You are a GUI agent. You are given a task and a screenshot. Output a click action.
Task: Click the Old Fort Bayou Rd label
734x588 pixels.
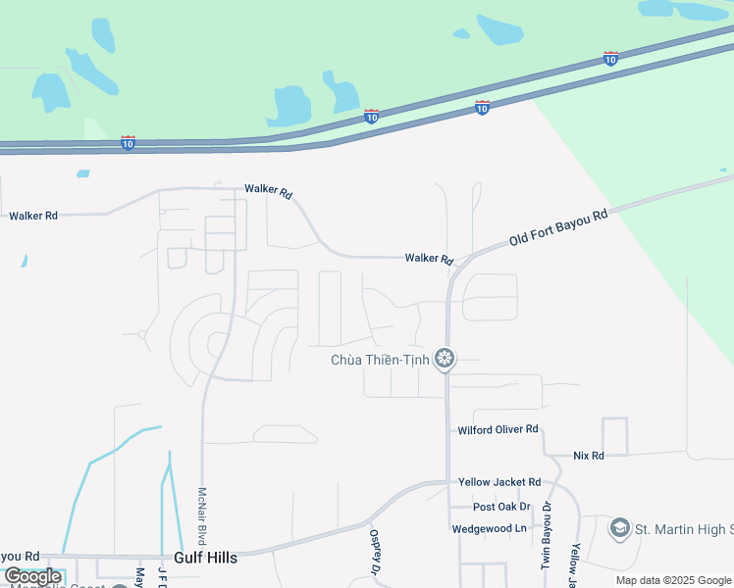pyautogui.click(x=559, y=227)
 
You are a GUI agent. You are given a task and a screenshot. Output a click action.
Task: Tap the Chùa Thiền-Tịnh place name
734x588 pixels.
pyautogui.click(x=381, y=361)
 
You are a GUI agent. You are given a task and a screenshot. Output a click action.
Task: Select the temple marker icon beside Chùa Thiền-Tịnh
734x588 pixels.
pyautogui.click(x=445, y=360)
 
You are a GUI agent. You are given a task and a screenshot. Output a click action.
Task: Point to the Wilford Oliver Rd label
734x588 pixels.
pyautogui.click(x=498, y=430)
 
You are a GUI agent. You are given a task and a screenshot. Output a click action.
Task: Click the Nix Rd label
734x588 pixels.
pyautogui.click(x=589, y=456)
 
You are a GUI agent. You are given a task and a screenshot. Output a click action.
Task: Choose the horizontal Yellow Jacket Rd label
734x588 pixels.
pyautogui.click(x=499, y=482)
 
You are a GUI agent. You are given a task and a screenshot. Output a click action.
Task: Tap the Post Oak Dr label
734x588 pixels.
pyautogui.click(x=501, y=507)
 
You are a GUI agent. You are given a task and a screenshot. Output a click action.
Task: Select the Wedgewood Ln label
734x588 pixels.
pyautogui.click(x=490, y=528)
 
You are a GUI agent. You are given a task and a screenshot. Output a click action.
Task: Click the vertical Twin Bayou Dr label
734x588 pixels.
pyautogui.click(x=548, y=537)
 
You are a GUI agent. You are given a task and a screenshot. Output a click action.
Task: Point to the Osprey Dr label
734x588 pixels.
pyautogui.click(x=375, y=552)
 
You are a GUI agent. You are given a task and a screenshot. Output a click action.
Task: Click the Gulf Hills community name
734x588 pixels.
pyautogui.click(x=205, y=558)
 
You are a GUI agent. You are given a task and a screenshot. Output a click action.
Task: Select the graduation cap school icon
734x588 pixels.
pyautogui.click(x=619, y=529)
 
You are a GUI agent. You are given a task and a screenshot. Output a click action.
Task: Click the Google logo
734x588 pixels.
pyautogui.click(x=31, y=576)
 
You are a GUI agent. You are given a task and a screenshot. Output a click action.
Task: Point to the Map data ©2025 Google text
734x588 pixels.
pyautogui.click(x=672, y=580)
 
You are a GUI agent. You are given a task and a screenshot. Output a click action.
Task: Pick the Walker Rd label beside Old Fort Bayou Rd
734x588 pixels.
pyautogui.click(x=429, y=259)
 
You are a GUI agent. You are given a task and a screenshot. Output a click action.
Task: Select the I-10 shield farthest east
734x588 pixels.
pyautogui.click(x=611, y=59)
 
